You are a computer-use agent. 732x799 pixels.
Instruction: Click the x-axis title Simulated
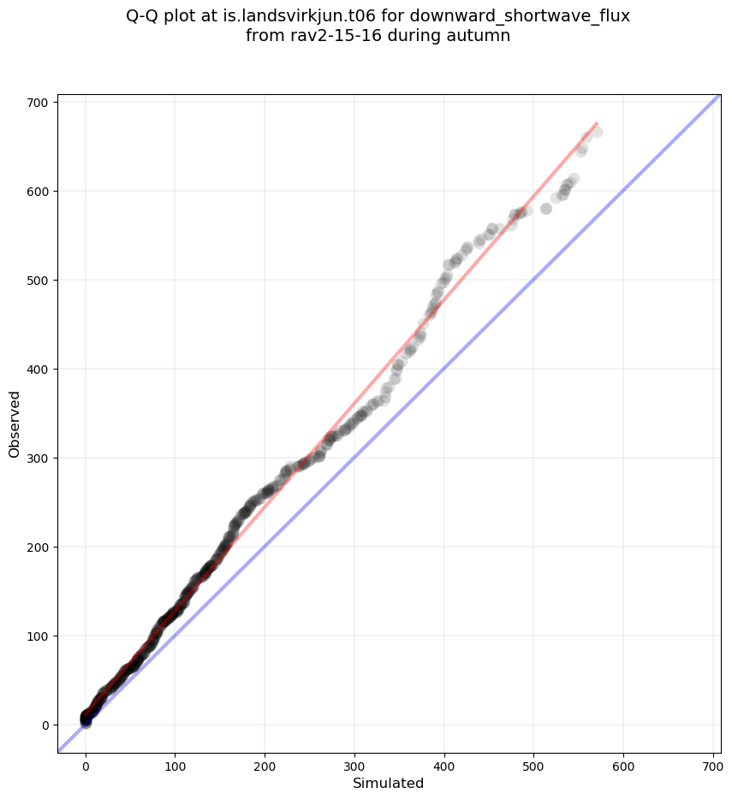click(x=389, y=783)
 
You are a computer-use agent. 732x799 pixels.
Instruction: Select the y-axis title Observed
click(x=15, y=423)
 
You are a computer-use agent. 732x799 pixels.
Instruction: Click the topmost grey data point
click(x=597, y=132)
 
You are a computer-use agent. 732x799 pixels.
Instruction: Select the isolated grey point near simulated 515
click(x=546, y=209)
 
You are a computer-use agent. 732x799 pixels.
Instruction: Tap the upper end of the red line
click(x=596, y=123)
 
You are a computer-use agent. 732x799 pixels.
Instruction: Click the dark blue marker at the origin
click(x=86, y=722)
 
